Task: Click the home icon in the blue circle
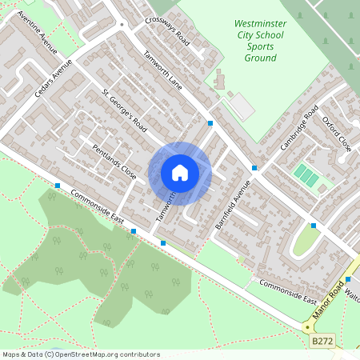[x=179, y=172]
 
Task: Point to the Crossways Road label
[x=167, y=31]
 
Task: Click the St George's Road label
[x=124, y=111]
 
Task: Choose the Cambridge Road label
[x=299, y=127]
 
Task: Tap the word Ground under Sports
[x=260, y=58]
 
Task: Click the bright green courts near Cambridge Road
[x=305, y=173]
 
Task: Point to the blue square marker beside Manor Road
[x=348, y=279]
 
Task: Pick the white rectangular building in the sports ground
[x=241, y=106]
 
